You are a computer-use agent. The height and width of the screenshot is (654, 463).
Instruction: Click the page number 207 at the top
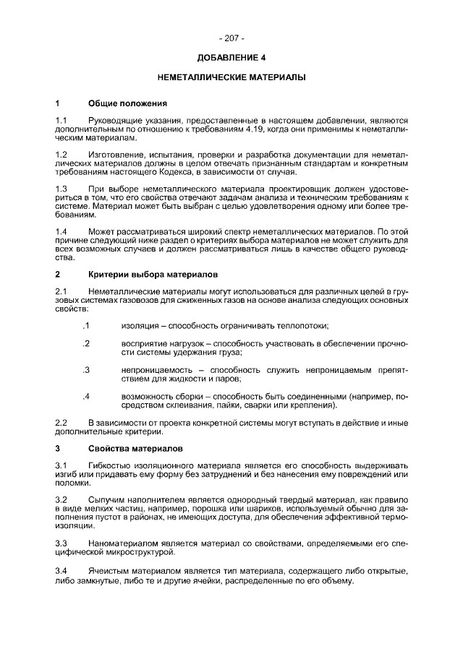coord(231,38)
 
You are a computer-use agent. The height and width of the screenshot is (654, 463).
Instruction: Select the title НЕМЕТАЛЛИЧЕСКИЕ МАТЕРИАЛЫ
coord(231,76)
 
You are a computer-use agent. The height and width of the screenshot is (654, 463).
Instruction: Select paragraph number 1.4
coord(61,231)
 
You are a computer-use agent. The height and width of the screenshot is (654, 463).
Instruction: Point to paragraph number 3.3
coord(61,542)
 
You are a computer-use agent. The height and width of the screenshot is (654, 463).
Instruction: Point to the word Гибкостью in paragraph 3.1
coord(110,465)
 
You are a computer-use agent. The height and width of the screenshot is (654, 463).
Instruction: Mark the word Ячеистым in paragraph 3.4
coord(109,570)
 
